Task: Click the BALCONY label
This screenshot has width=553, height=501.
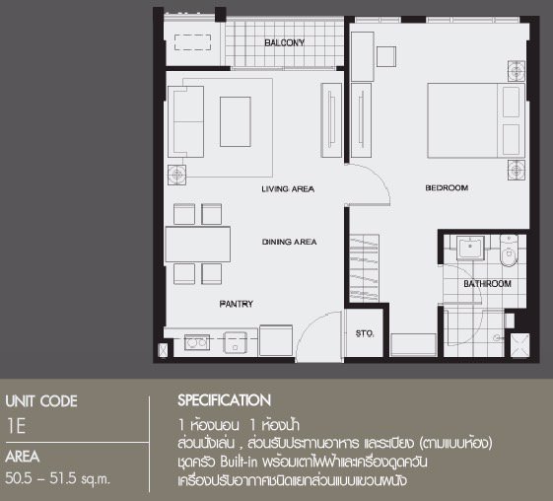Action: pyautogui.click(x=284, y=42)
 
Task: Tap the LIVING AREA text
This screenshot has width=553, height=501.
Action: pyautogui.click(x=288, y=189)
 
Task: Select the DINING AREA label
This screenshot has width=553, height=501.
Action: pyautogui.click(x=289, y=242)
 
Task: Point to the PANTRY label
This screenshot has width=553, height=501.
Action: pyautogui.click(x=236, y=304)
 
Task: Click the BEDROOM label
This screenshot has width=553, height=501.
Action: pyautogui.click(x=447, y=187)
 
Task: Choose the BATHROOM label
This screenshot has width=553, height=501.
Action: pyautogui.click(x=487, y=284)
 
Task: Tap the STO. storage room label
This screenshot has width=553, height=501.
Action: pyautogui.click(x=365, y=333)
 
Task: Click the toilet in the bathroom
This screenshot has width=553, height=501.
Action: pyautogui.click(x=509, y=250)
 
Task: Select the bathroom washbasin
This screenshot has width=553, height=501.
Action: pyautogui.click(x=470, y=248)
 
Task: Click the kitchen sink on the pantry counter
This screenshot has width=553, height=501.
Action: pyautogui.click(x=235, y=342)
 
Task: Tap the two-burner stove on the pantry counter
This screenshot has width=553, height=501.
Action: pyautogui.click(x=197, y=342)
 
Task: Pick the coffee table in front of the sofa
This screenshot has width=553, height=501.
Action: pyautogui.click(x=236, y=121)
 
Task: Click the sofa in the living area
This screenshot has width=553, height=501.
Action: pyautogui.click(x=186, y=121)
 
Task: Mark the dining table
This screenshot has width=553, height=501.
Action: pyautogui.click(x=197, y=245)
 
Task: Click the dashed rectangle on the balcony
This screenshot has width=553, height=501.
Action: pyautogui.click(x=192, y=42)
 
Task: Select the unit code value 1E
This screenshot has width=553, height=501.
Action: pyautogui.click(x=16, y=426)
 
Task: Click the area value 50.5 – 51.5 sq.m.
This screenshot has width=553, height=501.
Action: pyautogui.click(x=57, y=478)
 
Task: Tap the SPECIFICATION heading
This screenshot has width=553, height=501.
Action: pyautogui.click(x=225, y=400)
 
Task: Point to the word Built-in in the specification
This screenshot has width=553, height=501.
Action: pyautogui.click(x=240, y=462)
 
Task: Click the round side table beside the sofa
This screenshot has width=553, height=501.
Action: pyautogui.click(x=176, y=175)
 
